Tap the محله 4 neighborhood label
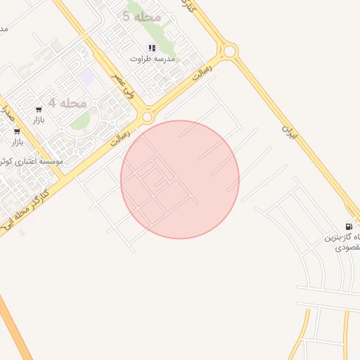click(x=67, y=103)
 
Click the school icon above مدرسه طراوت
click(x=151, y=48)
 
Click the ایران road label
click(x=288, y=129)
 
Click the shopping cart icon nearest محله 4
click(x=39, y=110)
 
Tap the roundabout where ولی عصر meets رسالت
click(x=147, y=117)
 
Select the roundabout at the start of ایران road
click(x=228, y=51)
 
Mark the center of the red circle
click(x=180, y=179)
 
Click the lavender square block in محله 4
click(x=86, y=76)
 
